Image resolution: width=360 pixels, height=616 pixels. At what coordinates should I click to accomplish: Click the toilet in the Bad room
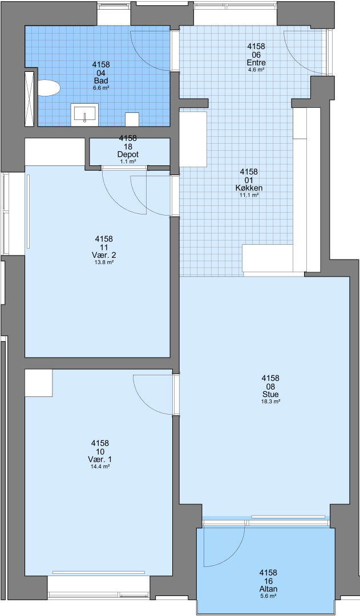(x=48, y=88)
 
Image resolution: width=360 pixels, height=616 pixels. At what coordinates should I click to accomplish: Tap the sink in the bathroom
(x=84, y=115)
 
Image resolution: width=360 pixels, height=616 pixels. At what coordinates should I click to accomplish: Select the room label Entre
(x=256, y=63)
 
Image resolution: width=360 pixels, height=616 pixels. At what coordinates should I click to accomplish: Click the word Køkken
(x=249, y=188)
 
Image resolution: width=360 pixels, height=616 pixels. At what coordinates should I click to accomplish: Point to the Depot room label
(x=128, y=155)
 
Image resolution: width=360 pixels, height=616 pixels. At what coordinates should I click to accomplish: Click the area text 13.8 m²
(x=104, y=262)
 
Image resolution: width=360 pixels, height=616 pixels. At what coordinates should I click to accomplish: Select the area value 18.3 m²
(x=270, y=402)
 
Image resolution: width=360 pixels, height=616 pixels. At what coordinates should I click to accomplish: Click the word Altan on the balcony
(x=268, y=589)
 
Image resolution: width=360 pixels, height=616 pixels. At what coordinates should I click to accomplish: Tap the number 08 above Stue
(x=270, y=387)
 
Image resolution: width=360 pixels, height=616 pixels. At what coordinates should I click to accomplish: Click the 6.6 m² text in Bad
(x=101, y=88)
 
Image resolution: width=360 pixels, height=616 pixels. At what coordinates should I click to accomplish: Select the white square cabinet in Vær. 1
(x=39, y=383)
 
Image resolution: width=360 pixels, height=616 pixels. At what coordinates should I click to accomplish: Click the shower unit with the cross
(x=30, y=99)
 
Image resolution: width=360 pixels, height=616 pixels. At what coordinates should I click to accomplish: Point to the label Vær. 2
(x=104, y=256)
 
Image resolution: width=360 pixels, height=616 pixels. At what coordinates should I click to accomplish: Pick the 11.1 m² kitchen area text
(x=249, y=195)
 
